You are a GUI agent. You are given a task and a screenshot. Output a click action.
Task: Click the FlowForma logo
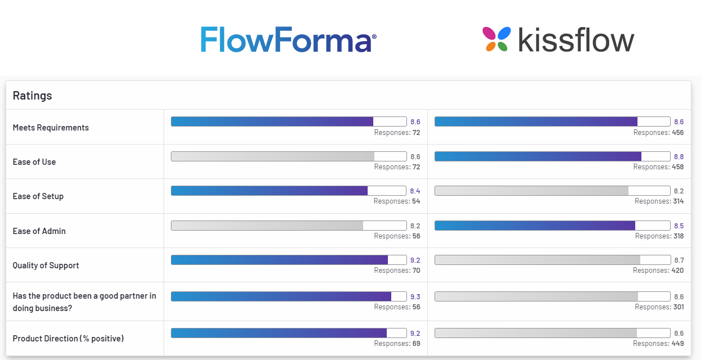click(x=288, y=39)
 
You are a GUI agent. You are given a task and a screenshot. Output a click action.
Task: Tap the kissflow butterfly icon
click(x=496, y=39)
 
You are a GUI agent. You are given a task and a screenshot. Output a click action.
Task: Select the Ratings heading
click(x=33, y=96)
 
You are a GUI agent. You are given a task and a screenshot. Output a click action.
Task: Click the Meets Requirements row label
click(x=51, y=128)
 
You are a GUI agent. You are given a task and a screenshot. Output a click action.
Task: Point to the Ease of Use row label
click(x=34, y=162)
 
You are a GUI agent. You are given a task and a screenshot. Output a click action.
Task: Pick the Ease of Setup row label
click(x=38, y=196)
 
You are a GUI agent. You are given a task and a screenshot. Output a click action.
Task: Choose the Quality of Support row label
click(x=46, y=265)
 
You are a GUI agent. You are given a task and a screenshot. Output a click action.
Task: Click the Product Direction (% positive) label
click(x=68, y=339)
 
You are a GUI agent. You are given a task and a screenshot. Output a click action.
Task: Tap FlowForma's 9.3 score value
click(x=415, y=296)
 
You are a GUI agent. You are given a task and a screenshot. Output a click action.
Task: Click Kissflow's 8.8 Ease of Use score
click(x=679, y=156)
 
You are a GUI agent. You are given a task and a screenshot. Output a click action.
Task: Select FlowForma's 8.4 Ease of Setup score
click(x=415, y=191)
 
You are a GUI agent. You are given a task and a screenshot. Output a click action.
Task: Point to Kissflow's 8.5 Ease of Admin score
click(x=679, y=226)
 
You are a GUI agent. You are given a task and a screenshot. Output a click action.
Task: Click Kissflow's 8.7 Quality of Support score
click(x=679, y=260)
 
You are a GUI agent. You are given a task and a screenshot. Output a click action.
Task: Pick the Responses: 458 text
click(x=658, y=167)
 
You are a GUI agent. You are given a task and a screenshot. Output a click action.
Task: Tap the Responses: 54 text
click(x=397, y=201)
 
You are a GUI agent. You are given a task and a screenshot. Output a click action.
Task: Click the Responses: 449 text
click(x=658, y=344)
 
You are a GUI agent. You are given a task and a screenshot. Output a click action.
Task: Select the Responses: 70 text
click(x=397, y=271)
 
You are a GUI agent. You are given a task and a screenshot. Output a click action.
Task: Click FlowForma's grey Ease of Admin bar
click(x=268, y=226)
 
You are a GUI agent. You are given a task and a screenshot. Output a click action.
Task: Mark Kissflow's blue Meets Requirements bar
click(x=536, y=121)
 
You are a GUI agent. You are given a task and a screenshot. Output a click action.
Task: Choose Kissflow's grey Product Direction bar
click(x=536, y=333)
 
